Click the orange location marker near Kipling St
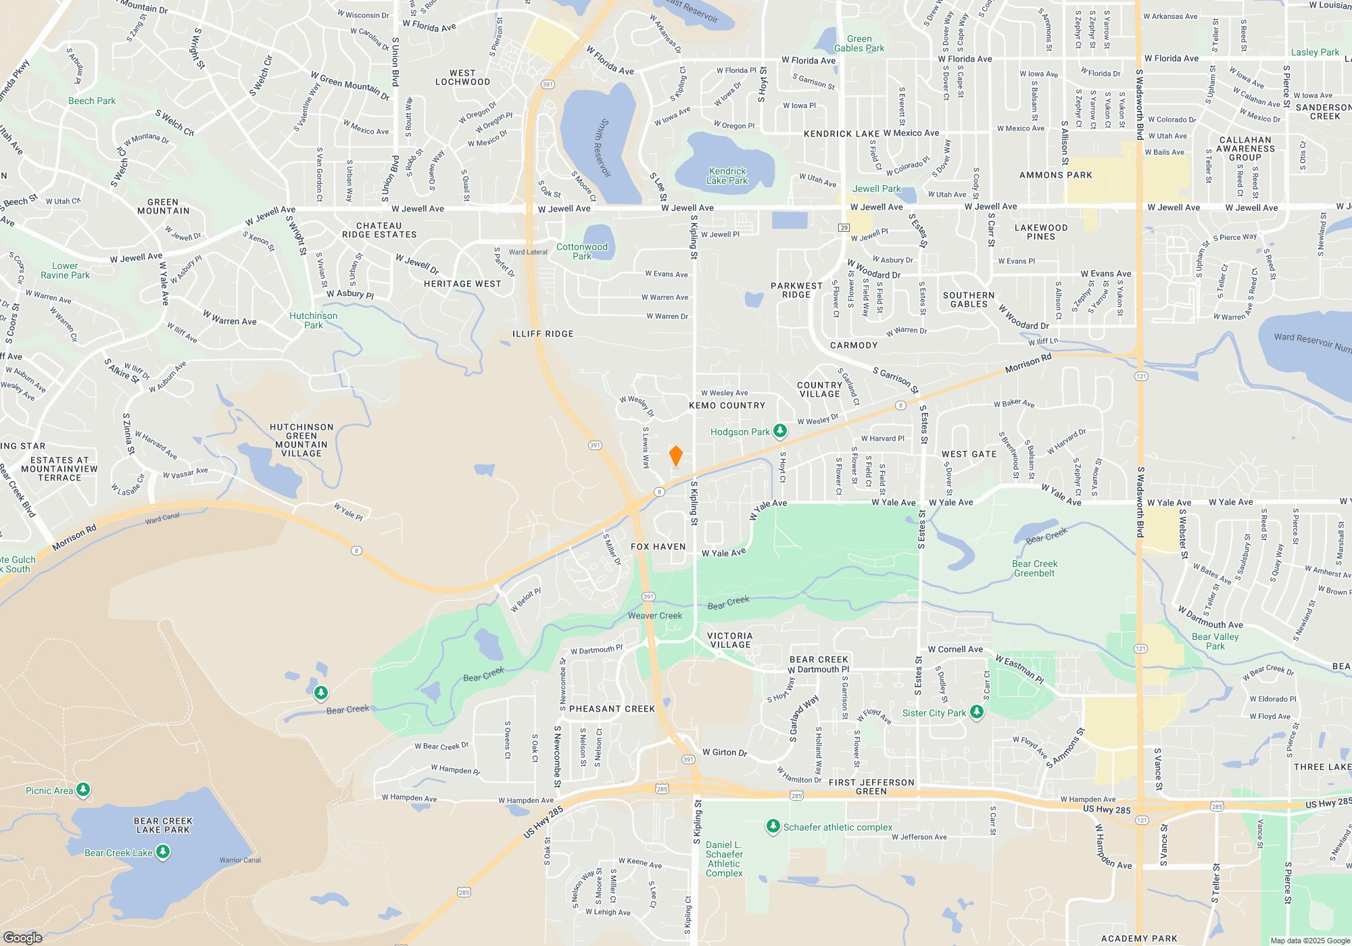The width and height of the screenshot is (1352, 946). pyautogui.click(x=675, y=456)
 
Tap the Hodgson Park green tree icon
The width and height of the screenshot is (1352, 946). pyautogui.click(x=780, y=430)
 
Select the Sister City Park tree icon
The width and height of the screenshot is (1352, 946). pyautogui.click(x=977, y=712)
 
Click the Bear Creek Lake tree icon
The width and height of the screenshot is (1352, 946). pyautogui.click(x=163, y=852)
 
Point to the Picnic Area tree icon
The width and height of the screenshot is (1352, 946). pyautogui.click(x=83, y=789)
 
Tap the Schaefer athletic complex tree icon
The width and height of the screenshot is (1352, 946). pyautogui.click(x=773, y=826)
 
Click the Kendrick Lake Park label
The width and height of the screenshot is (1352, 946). pyautogui.click(x=727, y=176)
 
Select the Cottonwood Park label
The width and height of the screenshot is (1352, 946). pyautogui.click(x=582, y=251)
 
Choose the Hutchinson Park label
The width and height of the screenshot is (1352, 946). pyautogui.click(x=313, y=320)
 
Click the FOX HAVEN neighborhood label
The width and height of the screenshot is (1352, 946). pyautogui.click(x=658, y=547)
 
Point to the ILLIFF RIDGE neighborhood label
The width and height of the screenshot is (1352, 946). pyautogui.click(x=543, y=334)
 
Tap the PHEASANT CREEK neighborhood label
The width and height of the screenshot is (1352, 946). pyautogui.click(x=612, y=709)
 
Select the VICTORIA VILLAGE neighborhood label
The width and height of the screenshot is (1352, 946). pyautogui.click(x=730, y=640)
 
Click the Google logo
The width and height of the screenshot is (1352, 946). pyautogui.click(x=23, y=937)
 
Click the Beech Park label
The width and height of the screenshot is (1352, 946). pyautogui.click(x=92, y=101)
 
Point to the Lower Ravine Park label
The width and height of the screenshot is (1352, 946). pyautogui.click(x=65, y=270)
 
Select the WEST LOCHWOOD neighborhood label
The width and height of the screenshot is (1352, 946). pyautogui.click(x=462, y=78)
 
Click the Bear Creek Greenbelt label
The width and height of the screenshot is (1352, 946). pyautogui.click(x=1034, y=568)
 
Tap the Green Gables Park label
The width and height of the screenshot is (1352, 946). pyautogui.click(x=859, y=43)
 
